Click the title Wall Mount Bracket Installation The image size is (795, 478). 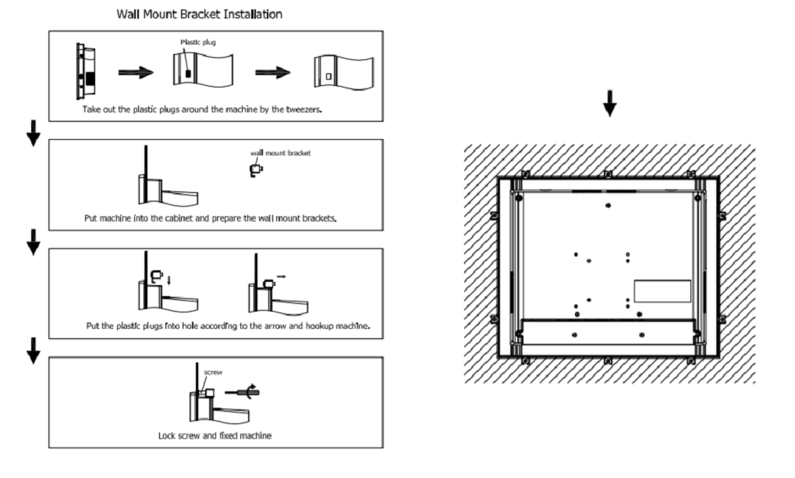click(x=199, y=14)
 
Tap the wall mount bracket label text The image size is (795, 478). click(x=280, y=153)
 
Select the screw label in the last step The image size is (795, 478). click(x=214, y=373)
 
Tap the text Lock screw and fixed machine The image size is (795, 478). click(x=215, y=435)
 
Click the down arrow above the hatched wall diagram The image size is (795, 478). click(x=609, y=107)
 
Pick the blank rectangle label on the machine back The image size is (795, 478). click(x=662, y=291)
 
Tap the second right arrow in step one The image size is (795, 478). click(x=273, y=73)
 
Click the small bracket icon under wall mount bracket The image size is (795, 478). click(x=255, y=169)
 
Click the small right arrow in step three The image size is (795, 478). click(x=281, y=276)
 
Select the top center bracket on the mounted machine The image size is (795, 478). click(x=608, y=173)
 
